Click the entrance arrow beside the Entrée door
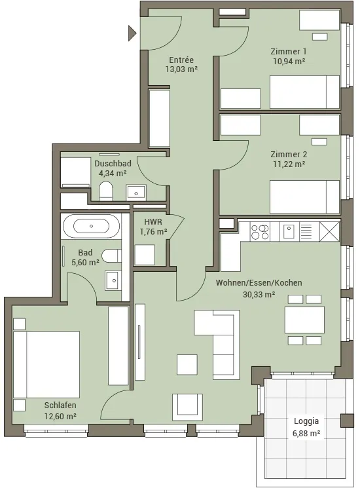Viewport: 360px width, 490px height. (x=132, y=33)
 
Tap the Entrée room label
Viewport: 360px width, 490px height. (x=181, y=60)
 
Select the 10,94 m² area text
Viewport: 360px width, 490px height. (x=289, y=61)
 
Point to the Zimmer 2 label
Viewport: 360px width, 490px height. (x=289, y=154)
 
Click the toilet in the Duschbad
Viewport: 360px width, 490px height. (x=105, y=191)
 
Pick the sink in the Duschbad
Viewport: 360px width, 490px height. (x=136, y=193)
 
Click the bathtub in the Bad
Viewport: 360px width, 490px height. (x=91, y=226)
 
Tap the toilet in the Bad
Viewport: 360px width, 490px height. (x=111, y=256)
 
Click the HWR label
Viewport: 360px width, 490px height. (x=153, y=222)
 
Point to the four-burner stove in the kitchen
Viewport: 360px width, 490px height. (x=260, y=232)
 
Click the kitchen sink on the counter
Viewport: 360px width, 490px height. (x=289, y=232)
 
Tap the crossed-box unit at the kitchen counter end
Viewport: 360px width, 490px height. (x=329, y=232)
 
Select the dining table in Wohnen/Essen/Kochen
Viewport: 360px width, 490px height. (x=304, y=320)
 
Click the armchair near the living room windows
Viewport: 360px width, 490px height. (x=187, y=407)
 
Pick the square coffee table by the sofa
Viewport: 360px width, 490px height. (x=187, y=365)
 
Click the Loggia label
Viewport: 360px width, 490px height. (x=306, y=421)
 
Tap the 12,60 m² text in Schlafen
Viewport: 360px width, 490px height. (x=60, y=416)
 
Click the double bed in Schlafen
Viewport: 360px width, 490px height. (x=46, y=365)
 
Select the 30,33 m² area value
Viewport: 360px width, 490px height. (x=259, y=294)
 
